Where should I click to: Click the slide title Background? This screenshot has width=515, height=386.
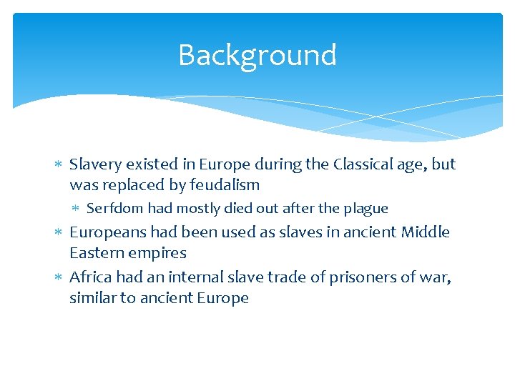[257, 55]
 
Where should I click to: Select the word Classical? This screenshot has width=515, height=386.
[364, 164]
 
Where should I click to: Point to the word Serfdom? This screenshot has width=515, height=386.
[114, 209]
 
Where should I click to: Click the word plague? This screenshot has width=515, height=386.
[366, 209]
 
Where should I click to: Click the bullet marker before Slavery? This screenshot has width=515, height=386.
[59, 165]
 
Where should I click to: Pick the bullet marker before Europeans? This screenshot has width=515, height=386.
[59, 233]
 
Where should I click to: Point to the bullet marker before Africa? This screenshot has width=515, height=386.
[59, 278]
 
